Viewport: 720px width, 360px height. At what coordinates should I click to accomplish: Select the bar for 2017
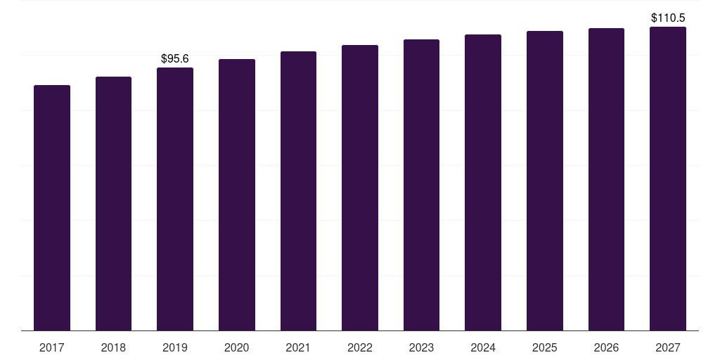tap(52, 207)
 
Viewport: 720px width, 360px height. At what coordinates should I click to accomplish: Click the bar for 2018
tap(113, 203)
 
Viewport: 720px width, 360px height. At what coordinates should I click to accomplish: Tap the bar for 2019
tap(175, 199)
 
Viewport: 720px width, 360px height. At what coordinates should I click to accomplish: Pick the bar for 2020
tap(237, 195)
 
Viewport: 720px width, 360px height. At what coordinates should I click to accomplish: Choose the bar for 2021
tap(298, 191)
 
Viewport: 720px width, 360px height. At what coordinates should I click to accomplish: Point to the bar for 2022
tap(360, 188)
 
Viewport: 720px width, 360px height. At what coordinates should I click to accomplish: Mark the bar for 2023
tap(421, 185)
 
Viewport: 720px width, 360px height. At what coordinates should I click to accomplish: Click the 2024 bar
tap(483, 182)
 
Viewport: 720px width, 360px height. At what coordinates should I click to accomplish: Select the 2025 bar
tap(545, 181)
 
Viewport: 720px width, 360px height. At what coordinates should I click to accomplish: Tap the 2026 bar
tap(606, 179)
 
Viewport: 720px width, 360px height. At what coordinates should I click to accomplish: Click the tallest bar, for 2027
tap(668, 179)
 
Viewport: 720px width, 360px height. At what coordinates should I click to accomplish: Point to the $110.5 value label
tap(668, 18)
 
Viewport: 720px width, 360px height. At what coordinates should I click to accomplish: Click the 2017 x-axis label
tap(52, 347)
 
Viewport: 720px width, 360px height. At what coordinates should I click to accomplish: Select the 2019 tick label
tap(175, 347)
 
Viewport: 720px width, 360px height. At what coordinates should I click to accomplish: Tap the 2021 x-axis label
tap(298, 347)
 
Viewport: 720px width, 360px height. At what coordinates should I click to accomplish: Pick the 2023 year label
tap(421, 347)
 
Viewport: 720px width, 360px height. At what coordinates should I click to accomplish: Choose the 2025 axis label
tap(545, 347)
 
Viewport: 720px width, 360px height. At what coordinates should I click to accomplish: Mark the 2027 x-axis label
tap(668, 347)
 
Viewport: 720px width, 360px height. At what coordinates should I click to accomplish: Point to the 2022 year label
tap(360, 347)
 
